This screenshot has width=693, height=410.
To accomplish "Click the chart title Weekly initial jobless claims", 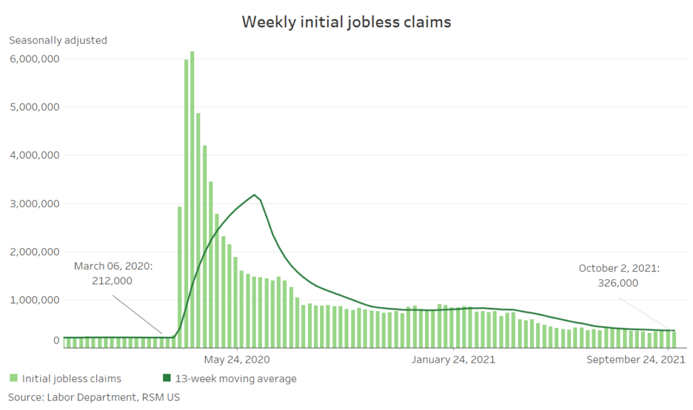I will pyautogui.click(x=346, y=22).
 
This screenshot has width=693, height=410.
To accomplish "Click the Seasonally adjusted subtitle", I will pyautogui.click(x=58, y=40).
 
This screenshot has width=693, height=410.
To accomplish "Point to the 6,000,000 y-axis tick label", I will pyautogui.click(x=35, y=59).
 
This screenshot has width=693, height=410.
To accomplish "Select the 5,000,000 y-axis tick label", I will pyautogui.click(x=35, y=107).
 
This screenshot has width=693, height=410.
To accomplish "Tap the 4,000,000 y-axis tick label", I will pyautogui.click(x=35, y=155).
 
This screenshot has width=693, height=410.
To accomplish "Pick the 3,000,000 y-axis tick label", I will pyautogui.click(x=35, y=204).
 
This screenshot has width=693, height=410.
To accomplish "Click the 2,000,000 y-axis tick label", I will pyautogui.click(x=35, y=252).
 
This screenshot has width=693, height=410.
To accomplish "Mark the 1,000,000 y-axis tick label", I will pyautogui.click(x=35, y=300).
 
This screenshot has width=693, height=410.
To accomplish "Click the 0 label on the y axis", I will pyautogui.click(x=56, y=341).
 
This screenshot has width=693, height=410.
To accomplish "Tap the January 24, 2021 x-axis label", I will pyautogui.click(x=453, y=359).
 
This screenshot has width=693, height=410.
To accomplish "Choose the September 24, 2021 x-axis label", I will pyautogui.click(x=635, y=359).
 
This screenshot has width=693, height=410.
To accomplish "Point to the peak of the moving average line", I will pyautogui.click(x=254, y=195).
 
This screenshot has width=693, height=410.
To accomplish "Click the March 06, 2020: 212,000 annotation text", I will pyautogui.click(x=113, y=273).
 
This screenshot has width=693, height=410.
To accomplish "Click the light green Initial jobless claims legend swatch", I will pyautogui.click(x=14, y=378).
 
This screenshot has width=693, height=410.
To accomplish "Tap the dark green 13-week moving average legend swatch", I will pyautogui.click(x=166, y=378).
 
